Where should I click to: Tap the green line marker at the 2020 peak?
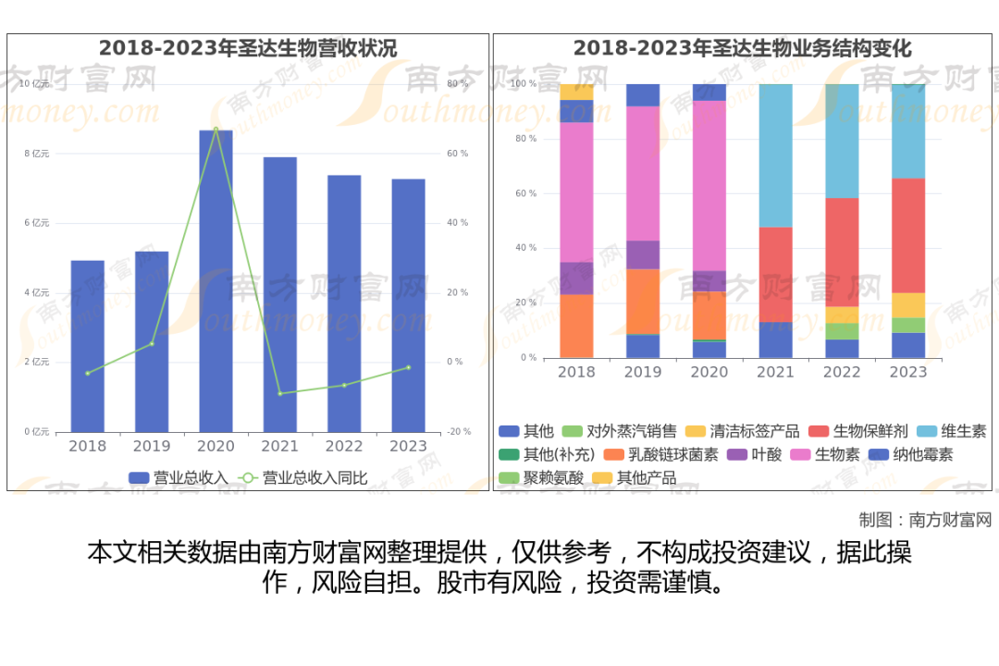click(x=216, y=129)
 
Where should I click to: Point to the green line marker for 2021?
click(x=280, y=393)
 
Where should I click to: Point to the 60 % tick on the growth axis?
click(x=457, y=154)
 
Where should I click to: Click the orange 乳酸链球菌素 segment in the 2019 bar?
click(x=643, y=302)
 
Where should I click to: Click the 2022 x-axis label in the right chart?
click(x=842, y=372)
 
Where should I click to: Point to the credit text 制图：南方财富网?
click(x=925, y=519)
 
